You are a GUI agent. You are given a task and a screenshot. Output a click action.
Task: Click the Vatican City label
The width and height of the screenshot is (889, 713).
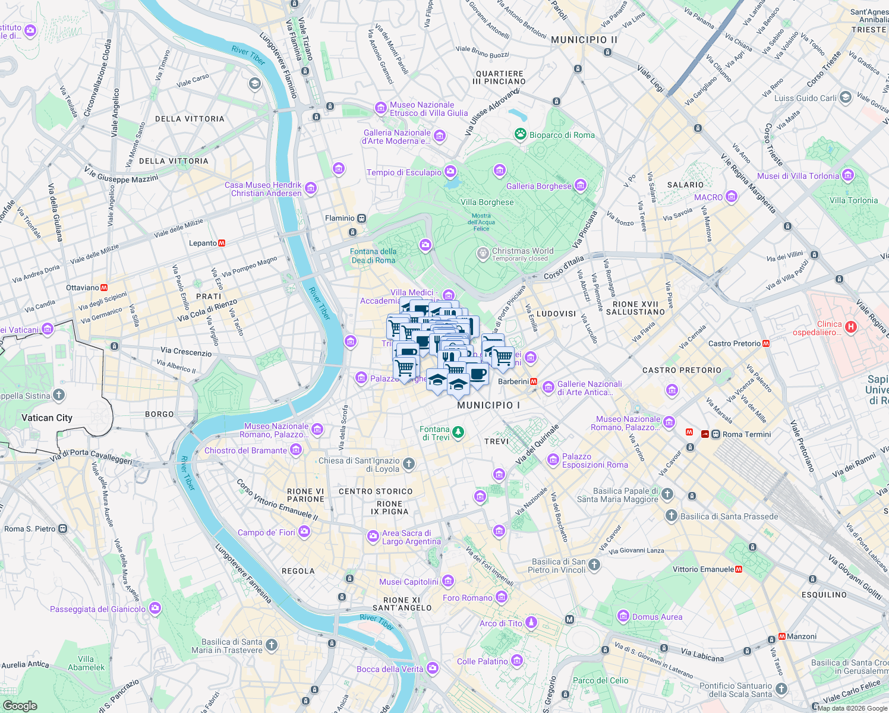point(47,418)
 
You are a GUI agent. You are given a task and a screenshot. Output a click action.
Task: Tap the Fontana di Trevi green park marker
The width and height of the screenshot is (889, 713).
point(458,432)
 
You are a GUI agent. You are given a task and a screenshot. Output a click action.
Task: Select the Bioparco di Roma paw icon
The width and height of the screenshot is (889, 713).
point(521,134)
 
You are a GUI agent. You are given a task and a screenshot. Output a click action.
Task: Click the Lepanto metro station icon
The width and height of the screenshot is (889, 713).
point(222,243)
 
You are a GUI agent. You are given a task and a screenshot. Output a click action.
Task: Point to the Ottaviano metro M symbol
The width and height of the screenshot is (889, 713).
point(104,288)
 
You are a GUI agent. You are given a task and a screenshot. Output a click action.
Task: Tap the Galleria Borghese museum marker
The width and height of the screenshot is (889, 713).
point(581,185)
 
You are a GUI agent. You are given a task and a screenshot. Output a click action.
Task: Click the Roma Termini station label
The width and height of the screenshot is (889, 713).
point(746,434)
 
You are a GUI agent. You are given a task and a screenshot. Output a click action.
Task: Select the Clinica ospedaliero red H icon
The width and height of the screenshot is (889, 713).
point(851,327)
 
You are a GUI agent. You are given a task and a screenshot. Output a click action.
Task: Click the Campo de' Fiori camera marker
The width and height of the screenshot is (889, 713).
point(304,531)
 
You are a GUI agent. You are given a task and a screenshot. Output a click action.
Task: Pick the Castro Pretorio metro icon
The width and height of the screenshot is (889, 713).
point(767,343)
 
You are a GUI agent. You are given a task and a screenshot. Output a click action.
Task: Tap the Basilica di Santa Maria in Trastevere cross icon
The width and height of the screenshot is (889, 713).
point(271,645)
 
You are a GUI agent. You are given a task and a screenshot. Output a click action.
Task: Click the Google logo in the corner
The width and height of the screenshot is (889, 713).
point(20,705)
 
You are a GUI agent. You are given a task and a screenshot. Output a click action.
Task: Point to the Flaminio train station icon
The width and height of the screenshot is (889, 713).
point(361,218)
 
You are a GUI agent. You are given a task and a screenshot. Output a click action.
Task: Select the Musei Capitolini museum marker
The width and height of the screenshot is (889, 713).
point(448,581)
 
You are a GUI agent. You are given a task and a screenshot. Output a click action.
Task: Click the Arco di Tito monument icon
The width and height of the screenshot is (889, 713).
point(531,622)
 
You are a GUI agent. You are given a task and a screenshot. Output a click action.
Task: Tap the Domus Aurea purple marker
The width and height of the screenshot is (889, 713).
point(623,616)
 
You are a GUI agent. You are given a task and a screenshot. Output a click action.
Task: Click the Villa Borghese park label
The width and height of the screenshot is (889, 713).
point(487,202)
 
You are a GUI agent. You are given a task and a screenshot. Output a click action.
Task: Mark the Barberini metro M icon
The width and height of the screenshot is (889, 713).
point(534,381)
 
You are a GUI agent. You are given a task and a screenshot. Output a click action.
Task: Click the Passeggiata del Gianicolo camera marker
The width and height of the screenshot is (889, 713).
point(155,608)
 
